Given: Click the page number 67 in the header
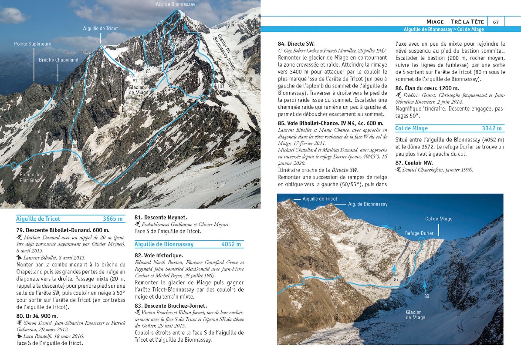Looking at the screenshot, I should [496, 22].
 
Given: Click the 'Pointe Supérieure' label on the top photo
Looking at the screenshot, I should [33, 44].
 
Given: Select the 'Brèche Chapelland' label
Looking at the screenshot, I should [58, 60].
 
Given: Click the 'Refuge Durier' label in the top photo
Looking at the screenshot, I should [206, 109].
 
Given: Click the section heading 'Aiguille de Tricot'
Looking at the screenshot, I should [38, 219].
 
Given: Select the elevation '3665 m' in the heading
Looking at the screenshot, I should [113, 219].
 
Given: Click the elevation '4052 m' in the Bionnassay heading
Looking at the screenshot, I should [231, 244].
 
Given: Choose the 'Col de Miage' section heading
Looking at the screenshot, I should [411, 128].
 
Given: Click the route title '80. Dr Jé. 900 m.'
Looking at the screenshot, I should [37, 316].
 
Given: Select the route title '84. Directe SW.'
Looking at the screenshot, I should [296, 44].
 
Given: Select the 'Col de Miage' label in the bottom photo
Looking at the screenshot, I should [439, 219].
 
